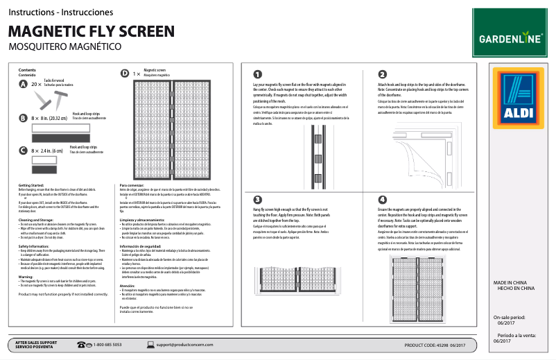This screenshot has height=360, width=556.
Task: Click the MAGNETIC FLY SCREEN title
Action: pyautogui.click(x=91, y=31)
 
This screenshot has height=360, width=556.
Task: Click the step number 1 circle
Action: pyautogui.click(x=257, y=74)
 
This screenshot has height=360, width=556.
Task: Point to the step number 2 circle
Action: pyautogui.click(x=382, y=74)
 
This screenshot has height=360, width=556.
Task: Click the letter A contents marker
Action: pyautogui.click(x=24, y=84)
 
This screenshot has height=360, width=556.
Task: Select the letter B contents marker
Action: pyautogui.click(x=24, y=119)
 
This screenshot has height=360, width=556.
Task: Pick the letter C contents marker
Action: pyautogui.click(x=24, y=150)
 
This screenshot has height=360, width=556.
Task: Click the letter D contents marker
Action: pyautogui.click(x=125, y=73)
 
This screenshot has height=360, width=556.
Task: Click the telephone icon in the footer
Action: pyautogui.click(x=84, y=344)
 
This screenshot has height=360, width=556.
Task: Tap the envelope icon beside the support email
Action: pyautogui.click(x=149, y=344)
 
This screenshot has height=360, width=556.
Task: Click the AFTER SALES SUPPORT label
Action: pyautogui.click(x=36, y=342)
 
